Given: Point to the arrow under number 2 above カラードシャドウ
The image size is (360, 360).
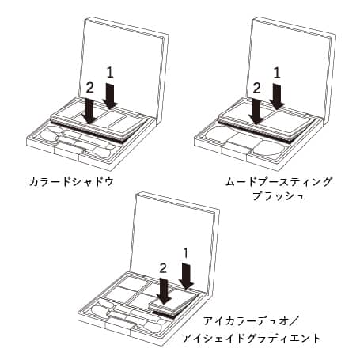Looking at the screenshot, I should click(x=91, y=110).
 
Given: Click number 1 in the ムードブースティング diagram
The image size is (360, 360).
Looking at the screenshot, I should click(x=277, y=72).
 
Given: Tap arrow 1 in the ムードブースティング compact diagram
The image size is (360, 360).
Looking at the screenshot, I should click(x=277, y=96).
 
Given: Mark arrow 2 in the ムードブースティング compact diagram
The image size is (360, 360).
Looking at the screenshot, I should click(x=256, y=110).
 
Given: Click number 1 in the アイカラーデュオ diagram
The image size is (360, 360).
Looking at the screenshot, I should click(x=188, y=253).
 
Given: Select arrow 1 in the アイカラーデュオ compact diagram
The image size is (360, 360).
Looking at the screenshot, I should click(x=188, y=276).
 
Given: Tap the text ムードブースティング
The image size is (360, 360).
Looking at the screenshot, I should click(x=278, y=181).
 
